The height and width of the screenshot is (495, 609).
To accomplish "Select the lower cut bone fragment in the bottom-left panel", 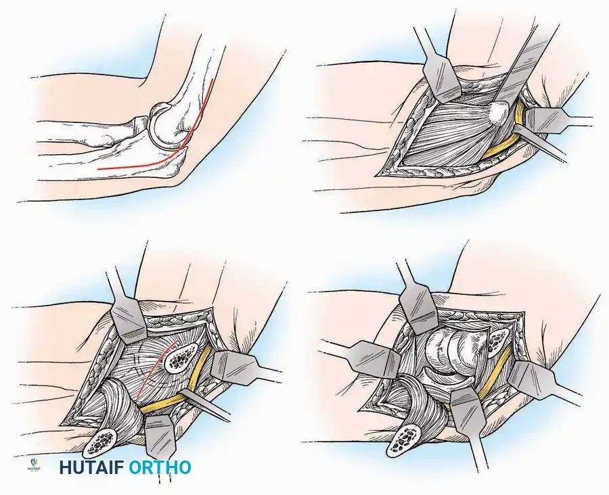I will (x=102, y=442).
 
